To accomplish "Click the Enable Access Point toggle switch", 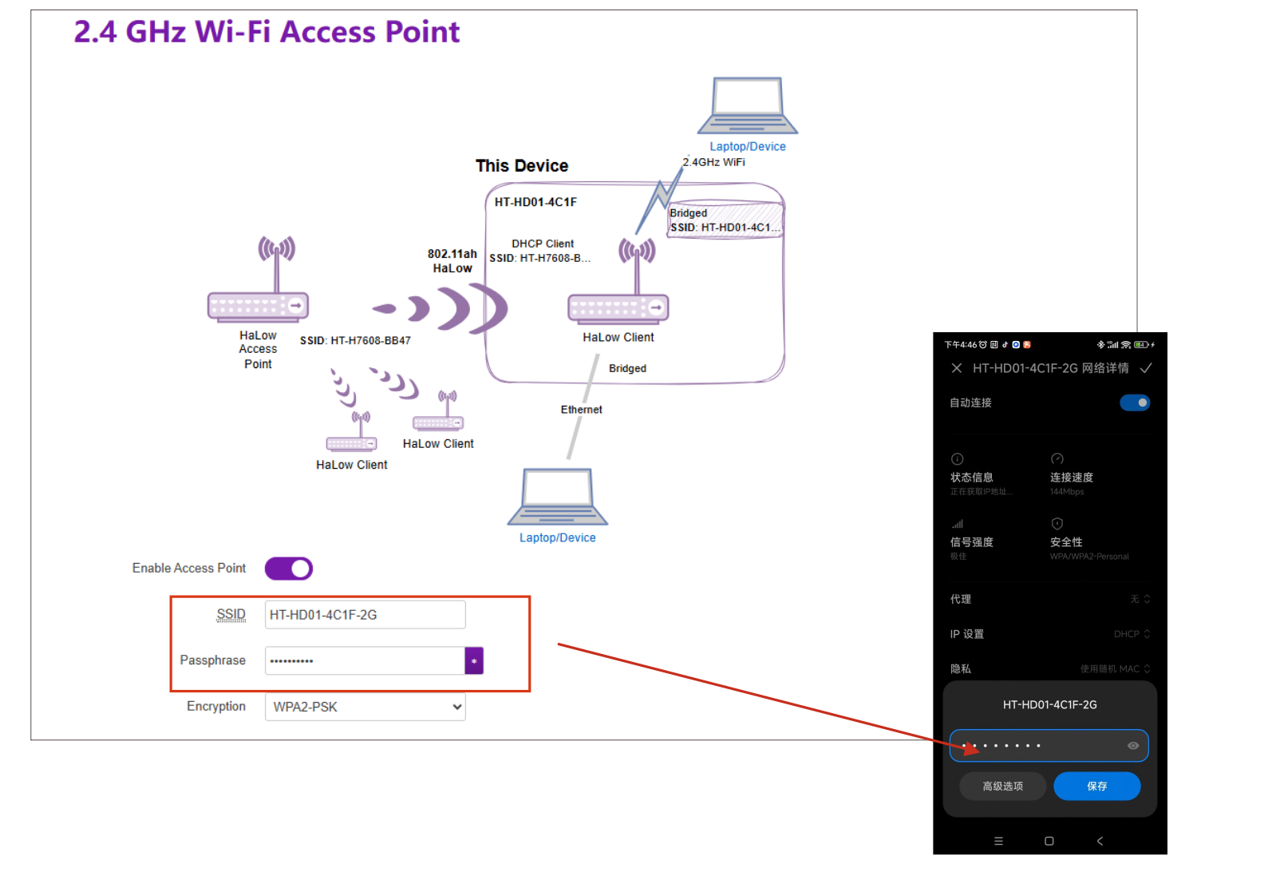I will click(288, 569).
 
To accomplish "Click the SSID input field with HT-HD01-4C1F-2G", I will click(365, 615).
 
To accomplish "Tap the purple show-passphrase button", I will click(474, 661).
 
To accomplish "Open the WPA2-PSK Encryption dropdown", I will click(365, 707).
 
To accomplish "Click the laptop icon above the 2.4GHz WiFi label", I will click(747, 106).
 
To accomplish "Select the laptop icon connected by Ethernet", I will click(557, 497).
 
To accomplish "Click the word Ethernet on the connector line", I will click(581, 410).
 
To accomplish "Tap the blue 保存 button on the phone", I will click(1096, 787).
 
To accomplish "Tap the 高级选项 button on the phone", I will click(1002, 787).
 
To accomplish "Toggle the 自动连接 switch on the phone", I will click(1134, 403).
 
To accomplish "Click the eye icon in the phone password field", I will click(1132, 746).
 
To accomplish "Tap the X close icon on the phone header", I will click(956, 368).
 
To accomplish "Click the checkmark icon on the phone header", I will click(1146, 368).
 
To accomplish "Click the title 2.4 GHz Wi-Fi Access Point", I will click(267, 32).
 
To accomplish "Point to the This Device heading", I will click(522, 166).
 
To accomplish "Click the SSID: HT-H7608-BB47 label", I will click(355, 341).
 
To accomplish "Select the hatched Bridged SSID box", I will click(725, 220).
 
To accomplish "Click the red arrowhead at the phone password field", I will click(971, 748).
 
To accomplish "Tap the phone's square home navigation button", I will click(1049, 841).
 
